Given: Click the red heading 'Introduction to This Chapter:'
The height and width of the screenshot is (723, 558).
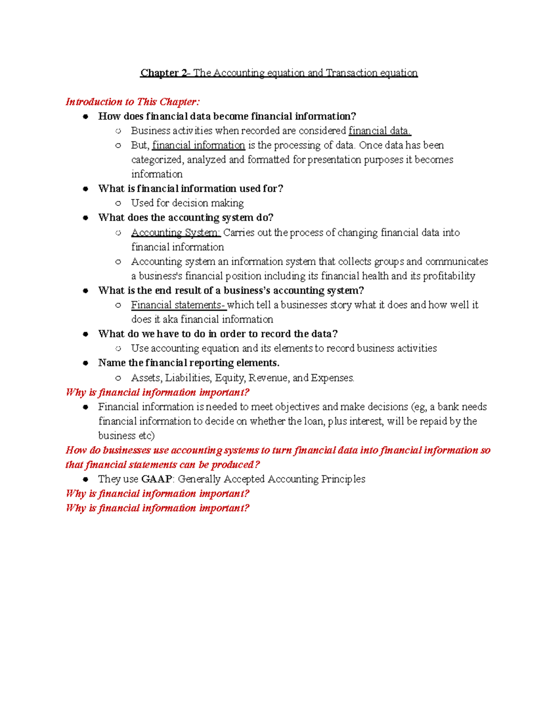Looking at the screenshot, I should tap(133, 102).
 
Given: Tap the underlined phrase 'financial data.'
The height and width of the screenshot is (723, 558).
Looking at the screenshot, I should tap(379, 131).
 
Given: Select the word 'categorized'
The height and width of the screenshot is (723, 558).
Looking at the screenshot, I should tap(157, 160).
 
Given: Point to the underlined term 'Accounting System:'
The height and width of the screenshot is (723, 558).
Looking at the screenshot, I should tap(175, 232).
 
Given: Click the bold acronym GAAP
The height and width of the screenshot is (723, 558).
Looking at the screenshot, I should tap(156, 479).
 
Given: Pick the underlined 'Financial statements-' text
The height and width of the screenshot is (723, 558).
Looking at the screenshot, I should tap(178, 305).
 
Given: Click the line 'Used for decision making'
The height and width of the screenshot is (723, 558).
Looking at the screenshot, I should tap(187, 203).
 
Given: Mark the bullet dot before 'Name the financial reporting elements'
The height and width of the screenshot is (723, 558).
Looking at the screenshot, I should tap(86, 363).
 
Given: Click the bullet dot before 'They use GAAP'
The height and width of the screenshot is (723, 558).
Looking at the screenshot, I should tap(86, 479).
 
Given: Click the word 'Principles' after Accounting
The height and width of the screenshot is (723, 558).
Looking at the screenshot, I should tap(343, 479).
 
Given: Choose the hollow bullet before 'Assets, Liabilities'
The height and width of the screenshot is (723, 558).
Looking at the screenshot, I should tap(118, 378).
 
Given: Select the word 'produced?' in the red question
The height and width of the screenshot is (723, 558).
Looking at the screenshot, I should tap(235, 465).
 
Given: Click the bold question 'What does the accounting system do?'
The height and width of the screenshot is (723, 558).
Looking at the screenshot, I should tap(186, 218).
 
